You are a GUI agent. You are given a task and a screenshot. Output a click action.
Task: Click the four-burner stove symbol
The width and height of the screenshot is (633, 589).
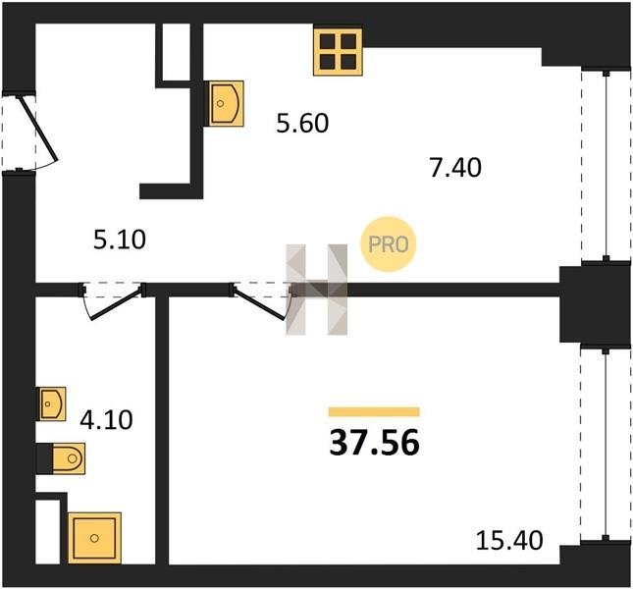338,52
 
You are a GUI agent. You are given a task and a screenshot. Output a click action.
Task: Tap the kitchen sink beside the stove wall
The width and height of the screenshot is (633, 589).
224,103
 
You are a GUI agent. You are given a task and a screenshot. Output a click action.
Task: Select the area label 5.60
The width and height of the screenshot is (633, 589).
302,123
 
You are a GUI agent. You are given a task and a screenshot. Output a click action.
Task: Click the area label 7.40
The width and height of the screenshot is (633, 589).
455,168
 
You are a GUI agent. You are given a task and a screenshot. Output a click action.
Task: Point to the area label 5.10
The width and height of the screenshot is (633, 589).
120,240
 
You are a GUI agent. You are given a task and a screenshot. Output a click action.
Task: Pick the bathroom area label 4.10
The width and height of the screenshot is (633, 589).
106,420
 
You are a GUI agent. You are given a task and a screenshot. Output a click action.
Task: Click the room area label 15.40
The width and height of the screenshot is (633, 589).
509,540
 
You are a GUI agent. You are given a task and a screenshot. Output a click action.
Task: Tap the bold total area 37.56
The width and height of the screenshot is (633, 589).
375,443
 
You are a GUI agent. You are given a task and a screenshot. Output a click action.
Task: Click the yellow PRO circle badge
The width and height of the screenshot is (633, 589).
388,243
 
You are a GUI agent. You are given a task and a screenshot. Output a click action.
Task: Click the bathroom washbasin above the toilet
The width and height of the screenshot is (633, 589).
52,403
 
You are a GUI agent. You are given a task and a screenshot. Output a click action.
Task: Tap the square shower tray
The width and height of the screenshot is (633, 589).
94,538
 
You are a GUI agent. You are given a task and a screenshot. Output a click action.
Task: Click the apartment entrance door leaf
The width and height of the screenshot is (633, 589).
38,128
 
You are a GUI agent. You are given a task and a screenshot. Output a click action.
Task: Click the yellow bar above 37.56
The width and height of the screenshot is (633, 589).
374,411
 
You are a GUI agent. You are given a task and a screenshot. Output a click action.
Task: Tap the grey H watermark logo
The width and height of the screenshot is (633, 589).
316,290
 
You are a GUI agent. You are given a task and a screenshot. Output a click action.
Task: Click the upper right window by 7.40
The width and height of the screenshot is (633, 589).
606,166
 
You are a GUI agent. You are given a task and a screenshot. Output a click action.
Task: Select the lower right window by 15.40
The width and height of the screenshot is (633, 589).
606,444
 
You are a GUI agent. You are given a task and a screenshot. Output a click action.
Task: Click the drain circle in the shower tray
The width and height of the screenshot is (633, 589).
94,538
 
